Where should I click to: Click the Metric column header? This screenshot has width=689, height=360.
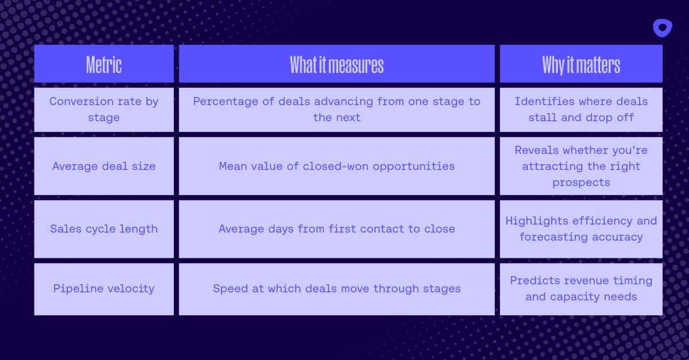click(x=104, y=65)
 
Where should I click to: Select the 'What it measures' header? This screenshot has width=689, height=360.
click(x=336, y=65)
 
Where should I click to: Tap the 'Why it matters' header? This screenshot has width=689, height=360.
click(x=581, y=65)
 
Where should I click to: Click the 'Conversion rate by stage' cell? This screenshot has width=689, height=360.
click(x=104, y=109)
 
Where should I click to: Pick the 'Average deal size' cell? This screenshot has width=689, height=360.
click(x=104, y=166)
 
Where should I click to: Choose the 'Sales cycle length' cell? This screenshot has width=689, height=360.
click(x=104, y=229)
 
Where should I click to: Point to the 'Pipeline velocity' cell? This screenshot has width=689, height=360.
click(x=104, y=288)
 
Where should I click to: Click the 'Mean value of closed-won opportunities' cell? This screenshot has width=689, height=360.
click(x=336, y=166)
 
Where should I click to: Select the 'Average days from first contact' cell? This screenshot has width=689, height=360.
click(x=336, y=229)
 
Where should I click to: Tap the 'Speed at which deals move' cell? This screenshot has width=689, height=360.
click(x=336, y=288)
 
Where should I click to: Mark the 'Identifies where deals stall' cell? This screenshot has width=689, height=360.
click(x=581, y=109)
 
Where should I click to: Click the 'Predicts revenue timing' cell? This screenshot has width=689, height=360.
click(x=581, y=288)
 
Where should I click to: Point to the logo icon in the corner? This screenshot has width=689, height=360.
click(x=662, y=28)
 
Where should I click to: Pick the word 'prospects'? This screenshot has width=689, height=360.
click(x=581, y=183)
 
